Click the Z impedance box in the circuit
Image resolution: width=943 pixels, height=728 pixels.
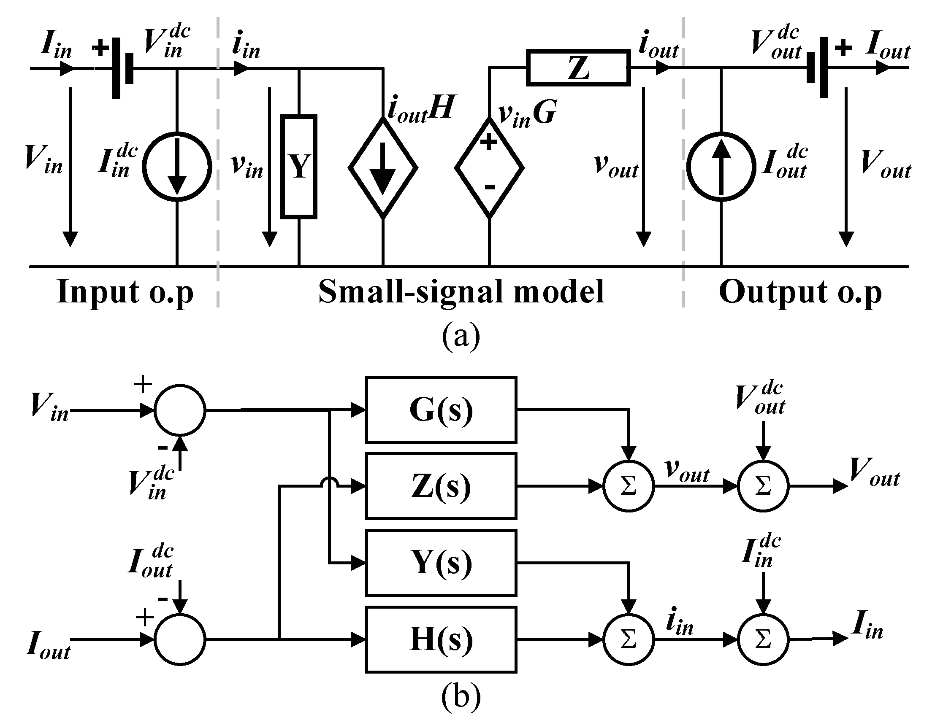point(578,68)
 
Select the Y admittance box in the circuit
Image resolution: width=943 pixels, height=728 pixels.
point(299,167)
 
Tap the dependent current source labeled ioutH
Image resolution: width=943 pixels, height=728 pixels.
point(383,167)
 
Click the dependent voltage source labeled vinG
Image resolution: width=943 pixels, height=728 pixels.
point(489,167)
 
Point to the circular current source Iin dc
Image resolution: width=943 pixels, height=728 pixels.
point(177,167)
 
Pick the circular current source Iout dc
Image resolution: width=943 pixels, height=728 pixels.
point(721,167)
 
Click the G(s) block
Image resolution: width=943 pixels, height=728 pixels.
point(441,410)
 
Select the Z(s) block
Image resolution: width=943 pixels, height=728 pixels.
point(441,486)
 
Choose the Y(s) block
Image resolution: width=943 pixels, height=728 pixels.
point(441,563)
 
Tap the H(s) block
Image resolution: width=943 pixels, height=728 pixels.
point(441,639)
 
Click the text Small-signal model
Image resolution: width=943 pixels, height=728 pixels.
point(461,292)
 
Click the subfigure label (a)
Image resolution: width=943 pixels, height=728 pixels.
point(461,336)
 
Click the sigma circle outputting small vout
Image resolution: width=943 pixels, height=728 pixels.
point(628,486)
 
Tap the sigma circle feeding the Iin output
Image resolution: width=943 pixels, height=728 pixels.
point(763,639)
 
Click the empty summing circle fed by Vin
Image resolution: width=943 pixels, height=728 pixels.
point(180,410)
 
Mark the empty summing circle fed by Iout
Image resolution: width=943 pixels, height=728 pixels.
point(180,639)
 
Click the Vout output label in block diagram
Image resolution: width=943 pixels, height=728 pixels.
point(874,471)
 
